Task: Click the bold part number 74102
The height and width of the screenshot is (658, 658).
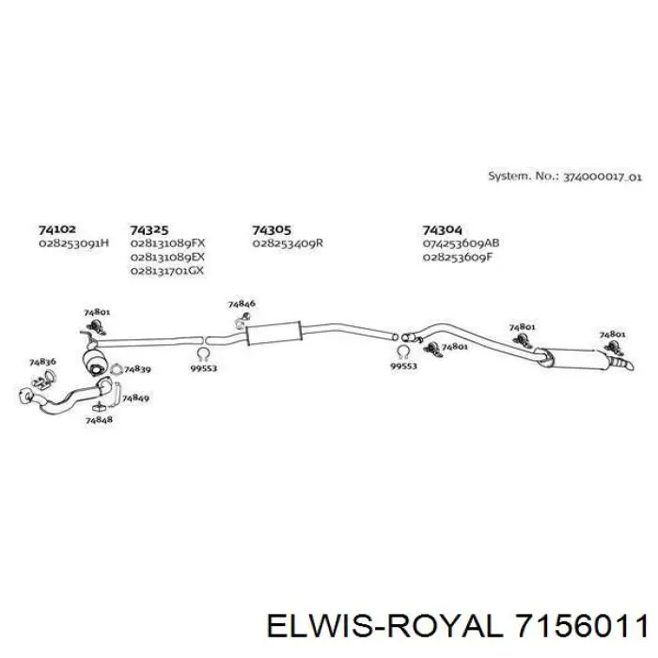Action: (x=57, y=229)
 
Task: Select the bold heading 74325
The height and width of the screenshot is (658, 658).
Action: (x=149, y=230)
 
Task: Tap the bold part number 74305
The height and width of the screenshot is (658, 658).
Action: (x=271, y=230)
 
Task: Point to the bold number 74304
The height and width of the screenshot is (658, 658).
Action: (x=442, y=230)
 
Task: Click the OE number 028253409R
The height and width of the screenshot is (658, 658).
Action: (x=288, y=243)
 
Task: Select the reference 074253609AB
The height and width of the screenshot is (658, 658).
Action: (x=461, y=243)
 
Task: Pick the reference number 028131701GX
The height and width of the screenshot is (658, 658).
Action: (x=167, y=271)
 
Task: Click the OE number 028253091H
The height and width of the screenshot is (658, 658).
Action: (x=74, y=243)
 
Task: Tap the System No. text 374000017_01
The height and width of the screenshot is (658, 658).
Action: (x=602, y=177)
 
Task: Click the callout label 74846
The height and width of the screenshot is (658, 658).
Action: (x=242, y=304)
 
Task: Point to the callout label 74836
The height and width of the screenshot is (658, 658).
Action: (x=42, y=362)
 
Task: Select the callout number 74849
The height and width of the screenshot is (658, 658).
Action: (x=135, y=398)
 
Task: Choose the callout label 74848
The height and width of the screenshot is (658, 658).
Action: (x=99, y=419)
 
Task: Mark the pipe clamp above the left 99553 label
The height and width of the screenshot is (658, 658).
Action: (x=203, y=354)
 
